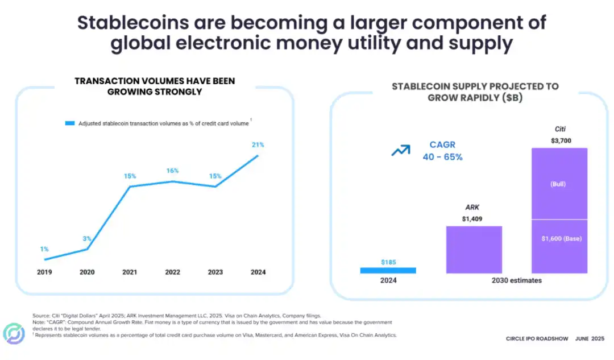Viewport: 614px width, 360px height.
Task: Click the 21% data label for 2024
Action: point(258,145)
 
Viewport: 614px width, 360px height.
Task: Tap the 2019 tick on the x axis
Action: point(44,272)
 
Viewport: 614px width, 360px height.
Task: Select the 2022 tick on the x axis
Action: point(172,272)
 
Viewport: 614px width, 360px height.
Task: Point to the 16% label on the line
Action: point(172,171)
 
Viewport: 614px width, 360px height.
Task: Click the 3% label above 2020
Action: point(87,238)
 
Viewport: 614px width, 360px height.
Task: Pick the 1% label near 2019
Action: point(44,249)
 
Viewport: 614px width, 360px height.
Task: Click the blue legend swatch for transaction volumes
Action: point(70,123)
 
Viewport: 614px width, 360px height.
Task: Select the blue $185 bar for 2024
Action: point(388,270)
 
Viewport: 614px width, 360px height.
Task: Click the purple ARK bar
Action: point(474,250)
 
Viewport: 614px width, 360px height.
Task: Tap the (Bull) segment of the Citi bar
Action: point(559,184)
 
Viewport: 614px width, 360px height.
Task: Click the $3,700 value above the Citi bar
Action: point(560,140)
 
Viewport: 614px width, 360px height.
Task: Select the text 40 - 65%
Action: point(442,157)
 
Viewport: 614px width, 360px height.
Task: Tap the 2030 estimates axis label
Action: point(516,280)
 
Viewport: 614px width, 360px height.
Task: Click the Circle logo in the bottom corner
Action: point(14,334)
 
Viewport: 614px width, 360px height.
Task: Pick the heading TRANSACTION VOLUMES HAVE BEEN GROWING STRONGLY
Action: point(155,86)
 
